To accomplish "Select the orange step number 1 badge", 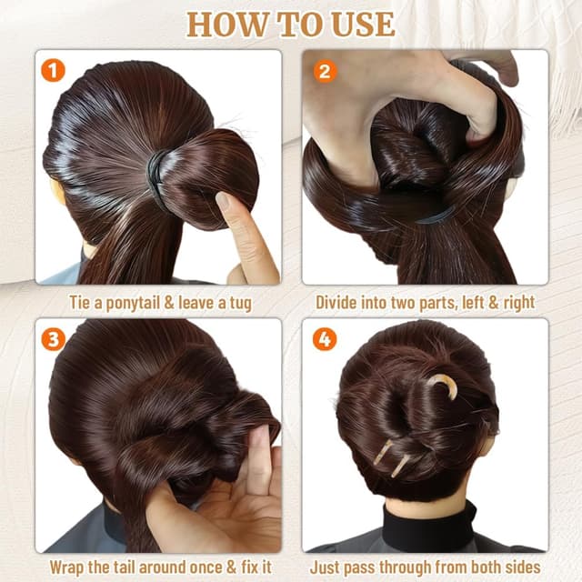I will coord(54,69).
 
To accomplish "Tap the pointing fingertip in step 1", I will coord(225,201).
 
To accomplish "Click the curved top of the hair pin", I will coord(443,383).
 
